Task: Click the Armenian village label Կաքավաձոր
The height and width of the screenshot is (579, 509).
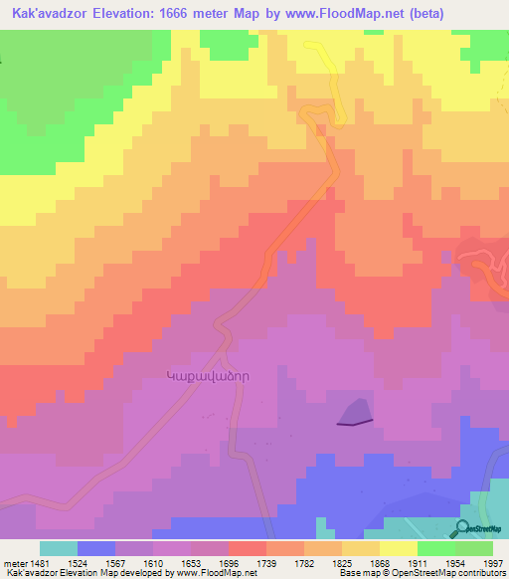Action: click(x=212, y=376)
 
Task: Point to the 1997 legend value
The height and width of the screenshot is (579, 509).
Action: click(x=494, y=562)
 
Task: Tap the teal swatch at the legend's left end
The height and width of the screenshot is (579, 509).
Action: click(x=59, y=548)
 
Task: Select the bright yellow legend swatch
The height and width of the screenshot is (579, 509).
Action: click(x=399, y=548)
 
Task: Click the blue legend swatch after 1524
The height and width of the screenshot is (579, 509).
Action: click(x=96, y=548)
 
